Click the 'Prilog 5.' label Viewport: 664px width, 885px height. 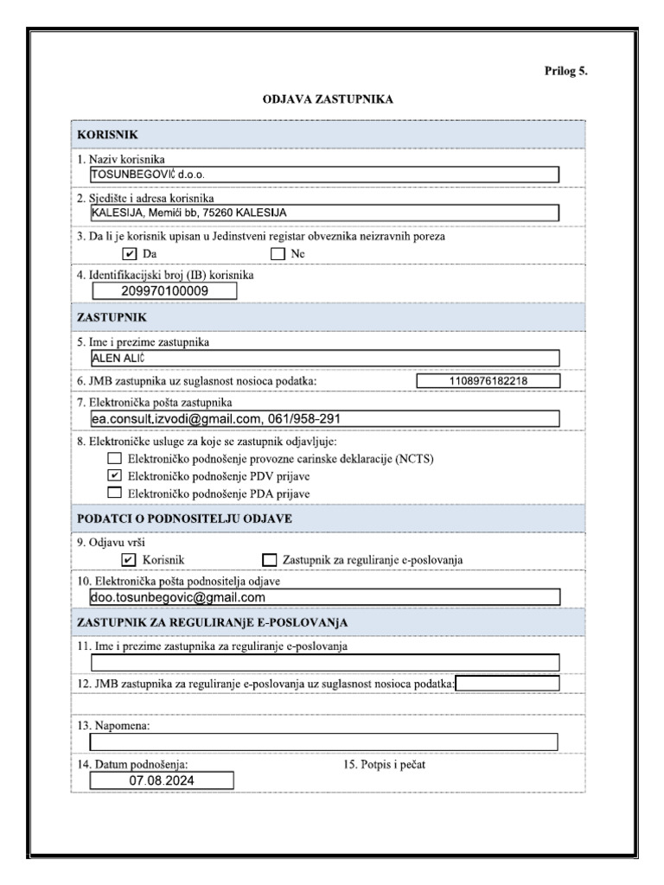click(565, 72)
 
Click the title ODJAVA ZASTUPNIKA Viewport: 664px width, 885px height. click(328, 99)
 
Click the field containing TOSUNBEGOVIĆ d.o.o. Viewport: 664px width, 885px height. click(324, 175)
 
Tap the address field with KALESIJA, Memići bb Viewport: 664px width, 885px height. click(324, 213)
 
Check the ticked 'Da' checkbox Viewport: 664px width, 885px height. click(130, 254)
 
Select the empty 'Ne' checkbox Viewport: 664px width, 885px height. click(278, 254)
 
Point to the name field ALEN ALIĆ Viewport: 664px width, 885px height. click(324, 359)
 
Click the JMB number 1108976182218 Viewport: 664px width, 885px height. click(488, 381)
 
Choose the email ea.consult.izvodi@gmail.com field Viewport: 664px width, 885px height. click(324, 418)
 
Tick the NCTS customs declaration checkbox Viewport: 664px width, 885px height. click(114, 459)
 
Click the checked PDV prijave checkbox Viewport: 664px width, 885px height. click(114, 476)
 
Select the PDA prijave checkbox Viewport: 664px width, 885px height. click(114, 493)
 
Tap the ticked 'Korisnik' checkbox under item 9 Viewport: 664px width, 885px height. click(130, 560)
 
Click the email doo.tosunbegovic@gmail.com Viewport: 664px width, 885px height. click(324, 597)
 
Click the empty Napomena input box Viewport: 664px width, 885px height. click(324, 742)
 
